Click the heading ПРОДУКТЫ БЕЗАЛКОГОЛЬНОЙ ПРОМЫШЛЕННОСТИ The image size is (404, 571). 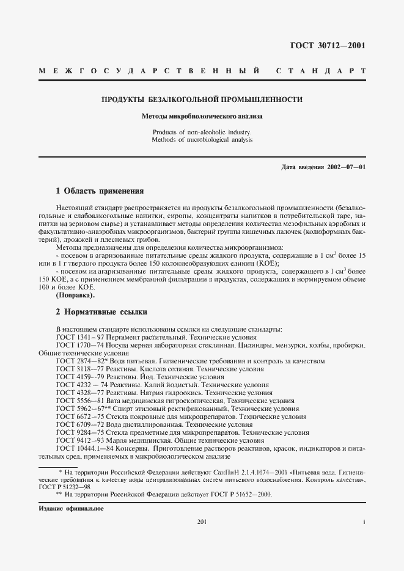click(x=202, y=100)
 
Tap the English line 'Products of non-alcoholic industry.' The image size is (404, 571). click(x=202, y=132)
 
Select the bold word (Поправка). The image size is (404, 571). click(x=75, y=295)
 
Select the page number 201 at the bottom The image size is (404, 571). click(x=202, y=522)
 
